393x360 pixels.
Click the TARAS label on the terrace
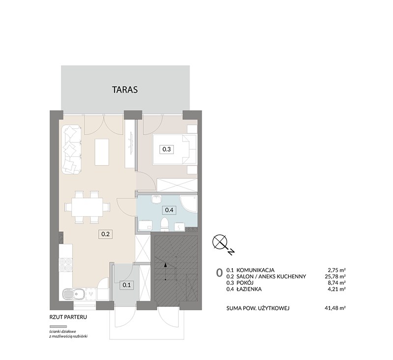(x=125, y=89)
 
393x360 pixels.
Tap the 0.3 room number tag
(x=167, y=149)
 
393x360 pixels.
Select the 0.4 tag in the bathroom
(x=169, y=210)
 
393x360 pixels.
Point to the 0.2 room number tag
(x=105, y=234)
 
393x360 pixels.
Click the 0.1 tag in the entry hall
(x=127, y=285)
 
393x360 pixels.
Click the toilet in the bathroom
(x=165, y=224)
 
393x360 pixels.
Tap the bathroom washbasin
(x=156, y=199)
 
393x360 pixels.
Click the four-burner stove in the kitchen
(x=66, y=265)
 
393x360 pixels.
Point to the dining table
(x=87, y=207)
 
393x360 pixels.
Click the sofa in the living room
(x=71, y=150)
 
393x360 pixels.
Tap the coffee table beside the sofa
(x=102, y=152)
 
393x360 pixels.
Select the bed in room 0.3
(x=175, y=149)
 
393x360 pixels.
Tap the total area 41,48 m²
(x=335, y=308)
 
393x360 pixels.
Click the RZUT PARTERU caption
(x=68, y=317)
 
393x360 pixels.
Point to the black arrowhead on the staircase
(x=165, y=264)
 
